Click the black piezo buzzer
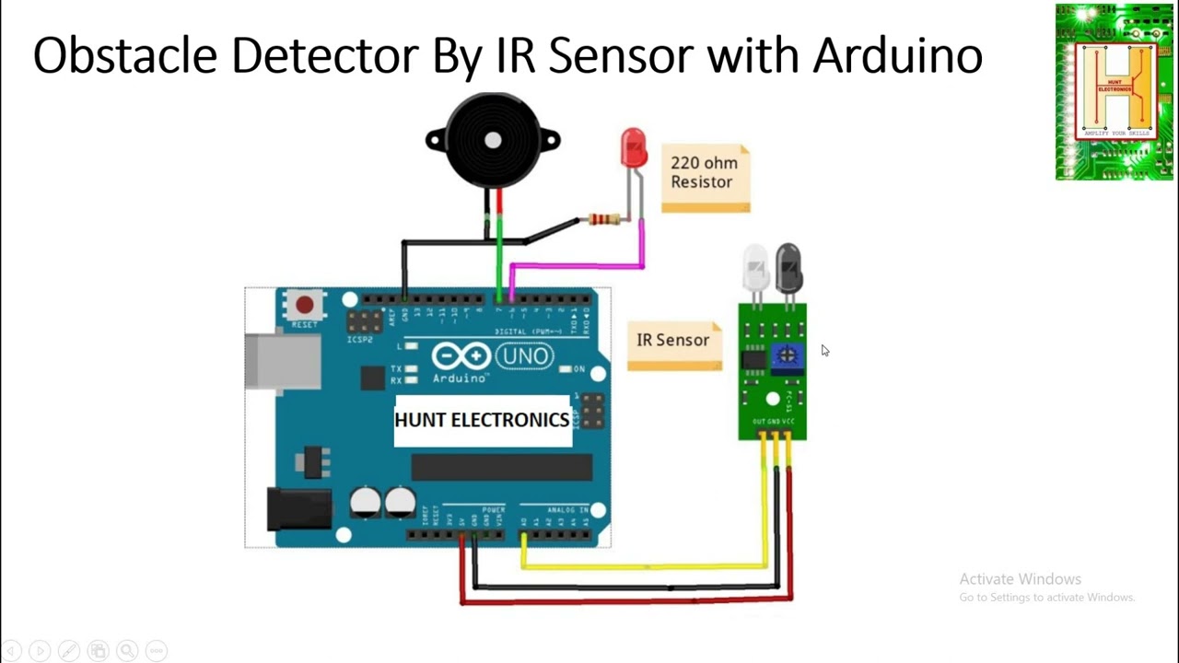click(x=493, y=140)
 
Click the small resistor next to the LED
click(x=603, y=219)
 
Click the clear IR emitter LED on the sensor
click(x=755, y=266)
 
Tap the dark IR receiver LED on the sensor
click(x=788, y=266)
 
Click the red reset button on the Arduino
click(x=305, y=305)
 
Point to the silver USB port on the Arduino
click(x=276, y=360)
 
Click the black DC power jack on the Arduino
click(x=298, y=509)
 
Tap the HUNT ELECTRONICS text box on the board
click(x=483, y=421)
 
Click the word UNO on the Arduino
click(x=524, y=356)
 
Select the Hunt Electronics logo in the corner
click(x=1115, y=92)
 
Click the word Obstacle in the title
click(x=127, y=55)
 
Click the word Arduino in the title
click(x=897, y=55)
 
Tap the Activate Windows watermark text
click(x=1020, y=579)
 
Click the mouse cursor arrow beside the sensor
click(x=824, y=350)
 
